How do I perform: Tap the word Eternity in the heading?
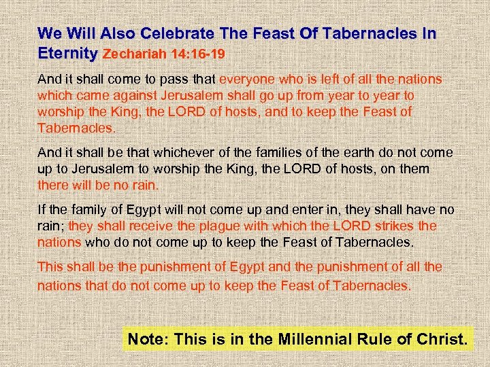tap(68, 52)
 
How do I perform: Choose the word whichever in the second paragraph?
tap(178, 152)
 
